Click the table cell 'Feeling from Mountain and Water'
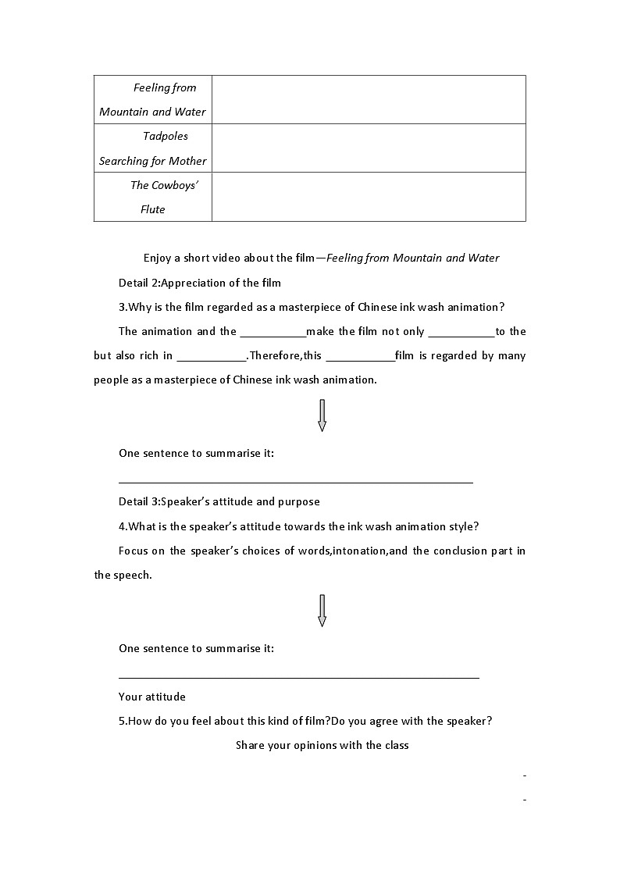[152, 99]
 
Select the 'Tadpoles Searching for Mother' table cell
[152, 148]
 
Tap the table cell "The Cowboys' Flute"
[152, 197]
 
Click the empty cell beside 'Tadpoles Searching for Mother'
[369, 148]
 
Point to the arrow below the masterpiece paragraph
[322, 415]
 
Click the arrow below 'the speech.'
[322, 611]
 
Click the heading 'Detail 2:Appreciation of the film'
[199, 283]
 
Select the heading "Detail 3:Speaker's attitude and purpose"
[219, 501]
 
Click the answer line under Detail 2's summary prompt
[295, 482]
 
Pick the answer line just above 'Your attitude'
[298, 677]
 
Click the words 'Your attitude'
[152, 697]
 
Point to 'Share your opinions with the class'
[322, 745]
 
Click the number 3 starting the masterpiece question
[122, 307]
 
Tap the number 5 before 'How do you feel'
[122, 721]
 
